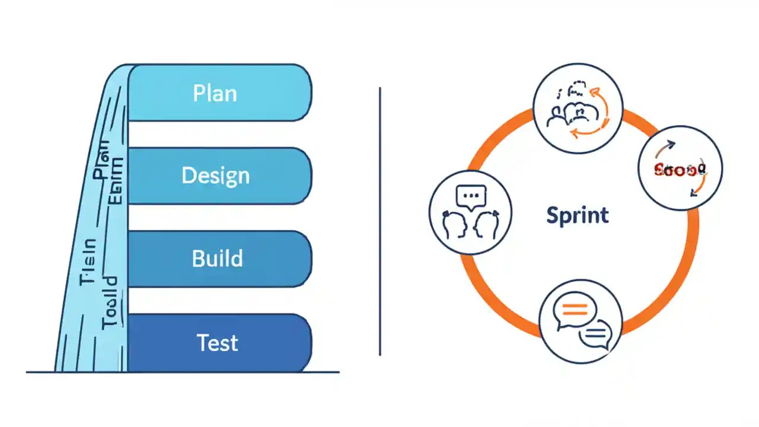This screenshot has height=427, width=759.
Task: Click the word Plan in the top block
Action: tap(215, 94)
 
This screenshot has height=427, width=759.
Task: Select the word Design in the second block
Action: tap(215, 176)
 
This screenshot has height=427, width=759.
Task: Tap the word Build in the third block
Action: tap(217, 259)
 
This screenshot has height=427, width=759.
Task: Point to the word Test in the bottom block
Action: tap(217, 342)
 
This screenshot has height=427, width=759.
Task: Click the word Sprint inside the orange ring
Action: tap(577, 215)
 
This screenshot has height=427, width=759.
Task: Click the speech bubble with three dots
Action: tap(470, 195)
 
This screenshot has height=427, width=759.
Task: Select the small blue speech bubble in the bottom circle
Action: tap(595, 334)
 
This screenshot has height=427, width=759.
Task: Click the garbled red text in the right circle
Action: tap(678, 171)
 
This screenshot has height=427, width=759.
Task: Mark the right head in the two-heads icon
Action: tap(484, 225)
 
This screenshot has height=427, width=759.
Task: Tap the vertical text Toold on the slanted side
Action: tap(111, 302)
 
